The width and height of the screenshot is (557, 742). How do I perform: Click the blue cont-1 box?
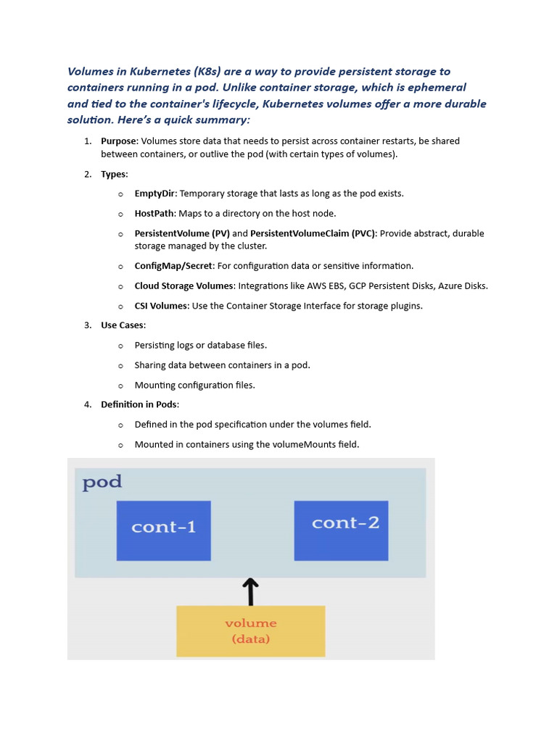coord(163,530)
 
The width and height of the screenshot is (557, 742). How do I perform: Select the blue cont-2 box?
coord(341,530)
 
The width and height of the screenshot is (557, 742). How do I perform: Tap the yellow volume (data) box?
coord(250,631)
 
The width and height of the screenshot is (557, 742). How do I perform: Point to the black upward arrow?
coord(250,591)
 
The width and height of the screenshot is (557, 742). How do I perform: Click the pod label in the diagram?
coord(102,482)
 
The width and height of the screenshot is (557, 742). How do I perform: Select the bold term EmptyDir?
coord(155,193)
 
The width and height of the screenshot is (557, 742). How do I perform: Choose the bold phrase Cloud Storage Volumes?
coord(183,285)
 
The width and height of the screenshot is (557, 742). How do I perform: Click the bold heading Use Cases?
coord(123,325)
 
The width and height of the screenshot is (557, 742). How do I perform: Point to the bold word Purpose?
coord(118,141)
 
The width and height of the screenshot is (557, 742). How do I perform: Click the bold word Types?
coord(113,174)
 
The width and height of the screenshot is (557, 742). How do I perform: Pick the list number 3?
coord(87,325)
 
